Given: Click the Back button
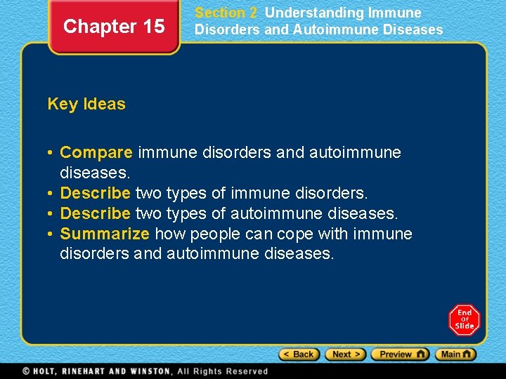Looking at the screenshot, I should (x=299, y=354).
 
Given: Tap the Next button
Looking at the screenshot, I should (x=345, y=354).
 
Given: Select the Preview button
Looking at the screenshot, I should (x=399, y=354).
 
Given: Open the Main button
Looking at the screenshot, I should (x=455, y=354).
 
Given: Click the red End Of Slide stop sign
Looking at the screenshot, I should (x=465, y=319).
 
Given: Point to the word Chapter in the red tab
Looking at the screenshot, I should (x=99, y=27).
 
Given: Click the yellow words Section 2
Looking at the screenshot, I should (x=226, y=13).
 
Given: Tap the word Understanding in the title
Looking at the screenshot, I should (x=314, y=13).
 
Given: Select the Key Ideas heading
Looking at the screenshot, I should (x=86, y=104).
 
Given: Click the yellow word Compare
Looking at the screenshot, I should (x=96, y=152).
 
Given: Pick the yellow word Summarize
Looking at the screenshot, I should (x=105, y=233).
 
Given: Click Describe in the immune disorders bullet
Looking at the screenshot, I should (x=96, y=192).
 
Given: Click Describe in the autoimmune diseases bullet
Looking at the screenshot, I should (x=96, y=213).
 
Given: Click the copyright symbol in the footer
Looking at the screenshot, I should (x=26, y=371).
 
